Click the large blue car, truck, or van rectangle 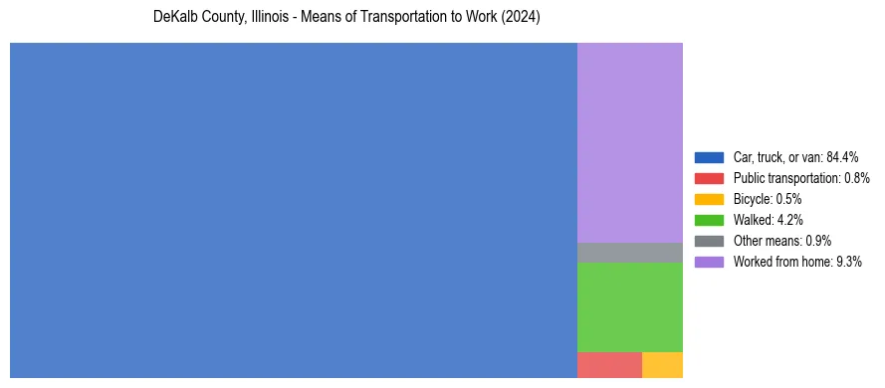coord(294,210)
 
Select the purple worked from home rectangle coord(629,142)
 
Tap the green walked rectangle coord(629,306)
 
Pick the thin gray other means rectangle coord(629,253)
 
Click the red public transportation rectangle coord(609,365)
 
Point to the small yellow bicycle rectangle coord(662,365)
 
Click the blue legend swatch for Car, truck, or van coord(709,157)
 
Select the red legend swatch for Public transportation coord(709,178)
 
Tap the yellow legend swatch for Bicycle coord(709,199)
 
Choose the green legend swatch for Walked coord(709,220)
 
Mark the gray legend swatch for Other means coord(709,241)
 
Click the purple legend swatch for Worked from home coord(709,262)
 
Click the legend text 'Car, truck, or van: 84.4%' coord(795,157)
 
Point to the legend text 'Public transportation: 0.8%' coord(801,178)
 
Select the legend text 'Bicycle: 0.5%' coord(768,199)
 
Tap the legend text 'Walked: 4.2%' coord(768,220)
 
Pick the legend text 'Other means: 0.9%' coord(781,241)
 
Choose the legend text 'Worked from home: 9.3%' coord(796,262)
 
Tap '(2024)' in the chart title coord(521,18)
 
